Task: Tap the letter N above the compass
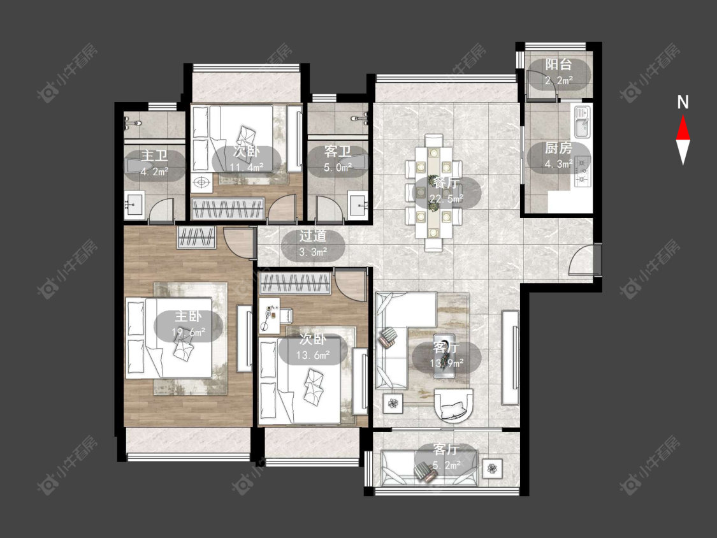(683, 102)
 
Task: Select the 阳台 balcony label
(558, 65)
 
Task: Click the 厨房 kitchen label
(558, 149)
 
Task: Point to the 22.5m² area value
(446, 198)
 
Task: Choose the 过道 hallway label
(313, 236)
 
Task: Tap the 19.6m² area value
(188, 332)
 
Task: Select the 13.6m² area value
(313, 355)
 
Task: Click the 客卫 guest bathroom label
(338, 152)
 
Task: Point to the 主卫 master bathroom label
(154, 156)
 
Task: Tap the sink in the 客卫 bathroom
(358, 205)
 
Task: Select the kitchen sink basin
(582, 122)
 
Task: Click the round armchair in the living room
(453, 404)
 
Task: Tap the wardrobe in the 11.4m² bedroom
(228, 208)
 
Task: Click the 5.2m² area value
(446, 466)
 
